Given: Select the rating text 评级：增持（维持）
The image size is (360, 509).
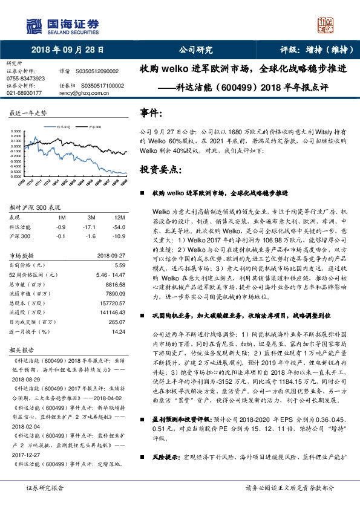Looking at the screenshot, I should [x=316, y=50].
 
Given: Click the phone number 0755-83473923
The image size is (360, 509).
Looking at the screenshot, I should [x=25, y=79].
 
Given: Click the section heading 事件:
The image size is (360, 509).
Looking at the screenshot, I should [x=151, y=113].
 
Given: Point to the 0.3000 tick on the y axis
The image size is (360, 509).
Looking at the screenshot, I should [x=16, y=130].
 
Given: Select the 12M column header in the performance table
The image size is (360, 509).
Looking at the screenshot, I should [x=119, y=217].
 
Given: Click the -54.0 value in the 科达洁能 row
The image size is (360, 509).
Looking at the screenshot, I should [x=119, y=226].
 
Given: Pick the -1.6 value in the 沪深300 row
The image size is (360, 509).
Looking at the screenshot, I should [x=91, y=236].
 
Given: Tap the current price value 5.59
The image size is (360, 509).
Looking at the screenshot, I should [x=119, y=265].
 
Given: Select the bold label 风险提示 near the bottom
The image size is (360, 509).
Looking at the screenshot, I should [x=168, y=467].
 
